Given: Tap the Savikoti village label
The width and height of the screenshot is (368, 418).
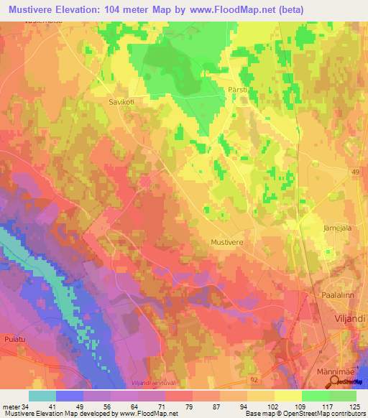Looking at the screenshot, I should [121, 102].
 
